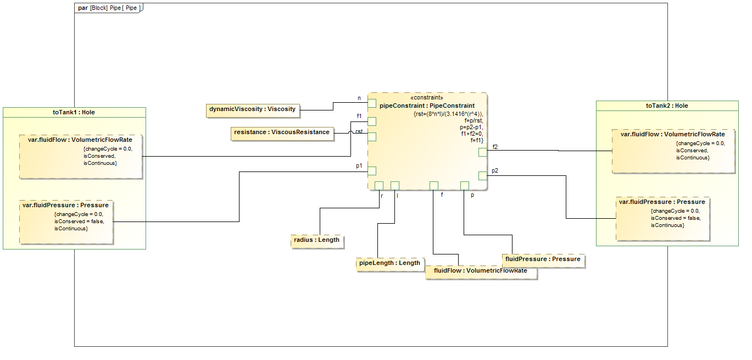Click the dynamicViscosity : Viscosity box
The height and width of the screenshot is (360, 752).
tap(253, 109)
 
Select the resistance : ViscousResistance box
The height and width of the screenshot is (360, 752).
tap(282, 132)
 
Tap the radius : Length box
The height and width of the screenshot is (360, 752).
tap(316, 240)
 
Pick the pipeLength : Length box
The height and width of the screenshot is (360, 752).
tap(389, 263)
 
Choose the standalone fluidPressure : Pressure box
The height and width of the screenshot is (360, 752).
tap(543, 259)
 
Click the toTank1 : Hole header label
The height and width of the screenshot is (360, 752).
tap(74, 112)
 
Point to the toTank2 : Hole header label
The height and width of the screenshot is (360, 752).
tap(667, 106)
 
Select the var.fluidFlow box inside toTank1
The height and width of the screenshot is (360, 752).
tap(81, 156)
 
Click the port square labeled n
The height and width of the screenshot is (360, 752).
tap(372, 103)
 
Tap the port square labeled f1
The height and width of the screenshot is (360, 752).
tap(372, 121)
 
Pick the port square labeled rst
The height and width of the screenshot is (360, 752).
tap(372, 137)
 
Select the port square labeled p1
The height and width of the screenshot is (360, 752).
tap(372, 171)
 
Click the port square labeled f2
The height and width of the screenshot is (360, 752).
tap(482, 152)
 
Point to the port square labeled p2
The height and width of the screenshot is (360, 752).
tap(482, 176)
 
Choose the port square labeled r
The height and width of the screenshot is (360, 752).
tap(378, 185)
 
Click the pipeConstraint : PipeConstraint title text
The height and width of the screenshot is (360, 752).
tap(427, 106)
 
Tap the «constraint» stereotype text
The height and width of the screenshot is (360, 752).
tap(427, 98)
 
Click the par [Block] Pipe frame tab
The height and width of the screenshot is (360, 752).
tap(108, 8)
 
